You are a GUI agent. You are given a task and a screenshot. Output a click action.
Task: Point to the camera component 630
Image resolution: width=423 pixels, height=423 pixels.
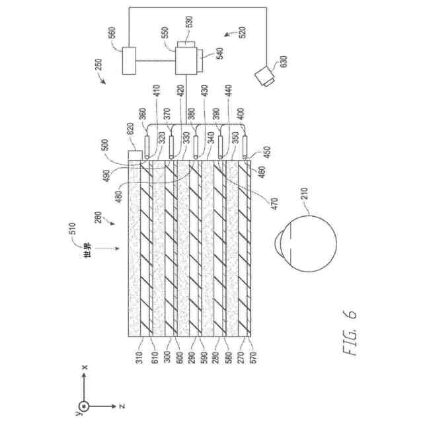(x=268, y=76)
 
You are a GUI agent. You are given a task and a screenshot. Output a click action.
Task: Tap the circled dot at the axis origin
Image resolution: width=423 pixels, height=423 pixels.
(x=83, y=404)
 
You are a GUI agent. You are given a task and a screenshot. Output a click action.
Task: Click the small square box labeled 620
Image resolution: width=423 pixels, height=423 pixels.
(x=134, y=156)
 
